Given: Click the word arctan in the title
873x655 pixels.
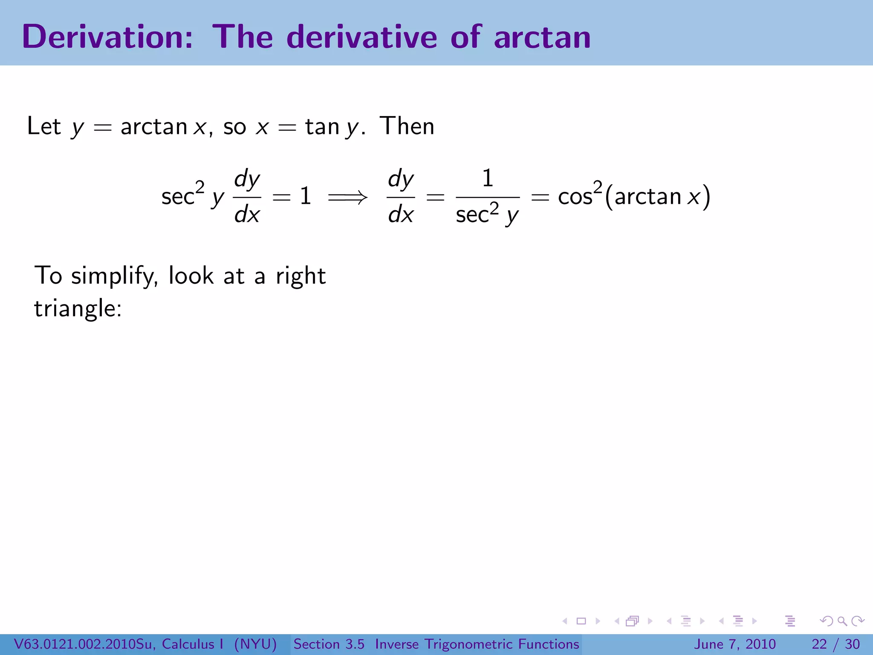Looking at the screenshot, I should click(542, 37).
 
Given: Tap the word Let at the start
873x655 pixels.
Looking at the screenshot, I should click(44, 126).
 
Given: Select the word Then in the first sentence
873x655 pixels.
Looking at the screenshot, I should click(407, 126).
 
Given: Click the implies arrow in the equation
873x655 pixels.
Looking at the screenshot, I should click(347, 197).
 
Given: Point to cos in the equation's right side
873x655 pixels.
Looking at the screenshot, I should click(575, 197).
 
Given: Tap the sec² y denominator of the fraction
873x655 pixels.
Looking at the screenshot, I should click(487, 214).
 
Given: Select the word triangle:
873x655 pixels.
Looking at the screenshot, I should click(78, 309).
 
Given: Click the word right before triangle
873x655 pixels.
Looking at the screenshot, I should click(301, 276).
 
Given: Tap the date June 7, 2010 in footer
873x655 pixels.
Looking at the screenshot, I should click(735, 644).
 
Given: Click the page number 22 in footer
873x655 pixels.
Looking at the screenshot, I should click(819, 644).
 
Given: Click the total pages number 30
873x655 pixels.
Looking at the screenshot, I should click(852, 644).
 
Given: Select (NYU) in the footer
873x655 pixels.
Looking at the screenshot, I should click(255, 644).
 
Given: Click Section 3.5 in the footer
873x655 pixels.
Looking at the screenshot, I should click(329, 644).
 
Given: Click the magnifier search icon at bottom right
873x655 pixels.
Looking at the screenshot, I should click(842, 621).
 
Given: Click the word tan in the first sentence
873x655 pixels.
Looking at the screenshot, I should click(322, 126).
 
